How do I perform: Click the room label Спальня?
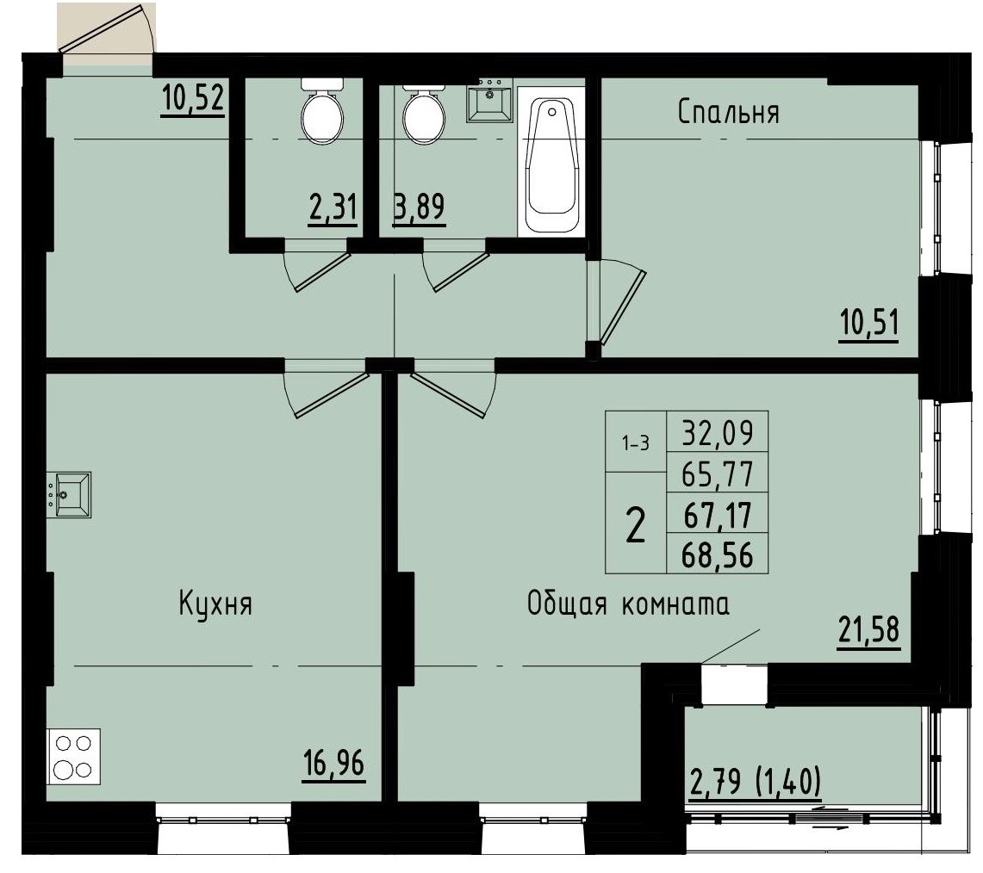(x=728, y=113)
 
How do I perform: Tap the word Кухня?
(x=215, y=604)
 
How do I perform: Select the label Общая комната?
(x=629, y=605)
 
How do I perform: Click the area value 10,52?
(x=193, y=99)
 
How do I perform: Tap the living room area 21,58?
(x=868, y=629)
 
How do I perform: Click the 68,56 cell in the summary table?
(x=717, y=556)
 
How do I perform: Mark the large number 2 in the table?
(x=635, y=525)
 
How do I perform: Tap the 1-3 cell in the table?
(x=636, y=443)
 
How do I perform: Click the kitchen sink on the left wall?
(x=72, y=494)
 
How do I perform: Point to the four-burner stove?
(x=72, y=755)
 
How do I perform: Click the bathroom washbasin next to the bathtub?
(x=489, y=102)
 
